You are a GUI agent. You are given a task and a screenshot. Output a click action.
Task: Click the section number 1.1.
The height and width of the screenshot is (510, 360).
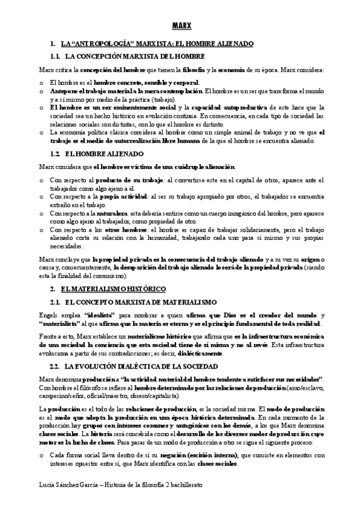coord(56,56)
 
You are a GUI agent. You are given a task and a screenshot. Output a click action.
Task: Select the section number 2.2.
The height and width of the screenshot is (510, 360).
coord(56,366)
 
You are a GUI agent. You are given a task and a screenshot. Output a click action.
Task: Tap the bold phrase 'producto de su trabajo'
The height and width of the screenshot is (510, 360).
coord(114,180)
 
